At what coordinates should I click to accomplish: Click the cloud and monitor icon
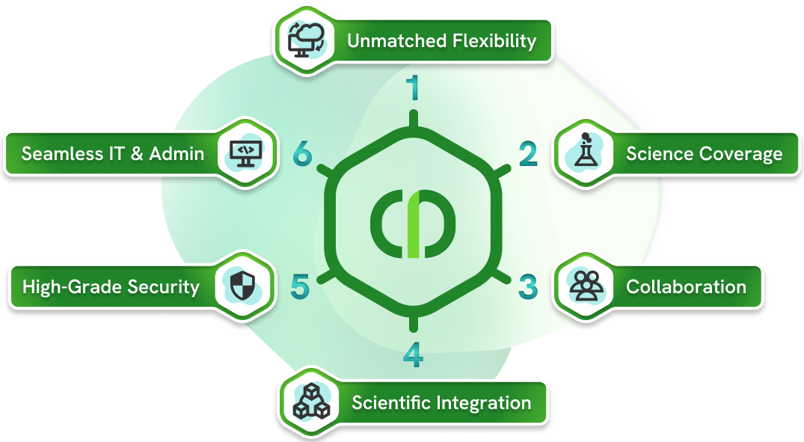tap(306, 40)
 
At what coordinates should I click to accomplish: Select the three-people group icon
tap(586, 286)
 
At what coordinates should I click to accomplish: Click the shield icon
tap(242, 286)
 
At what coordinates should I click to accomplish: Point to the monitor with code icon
tap(245, 154)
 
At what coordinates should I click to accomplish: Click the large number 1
tap(413, 88)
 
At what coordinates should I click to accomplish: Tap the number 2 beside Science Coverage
tap(528, 154)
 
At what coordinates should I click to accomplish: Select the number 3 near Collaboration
tap(528, 286)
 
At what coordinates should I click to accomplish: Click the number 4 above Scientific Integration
tap(414, 354)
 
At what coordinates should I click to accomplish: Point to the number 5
tap(300, 286)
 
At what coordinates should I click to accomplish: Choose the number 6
tap(302, 154)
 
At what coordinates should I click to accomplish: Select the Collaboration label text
tap(686, 286)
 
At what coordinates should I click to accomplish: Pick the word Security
tap(164, 287)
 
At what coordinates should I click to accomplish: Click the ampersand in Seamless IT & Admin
tap(137, 154)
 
